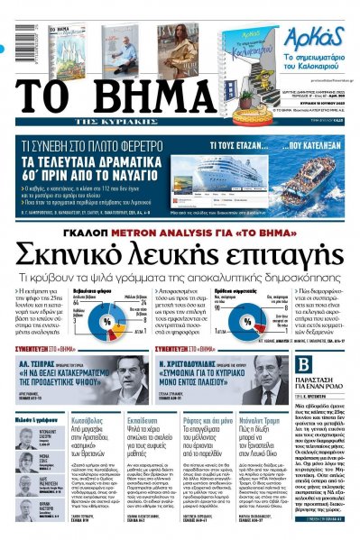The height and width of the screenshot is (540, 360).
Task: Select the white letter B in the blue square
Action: (x=303, y=365)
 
